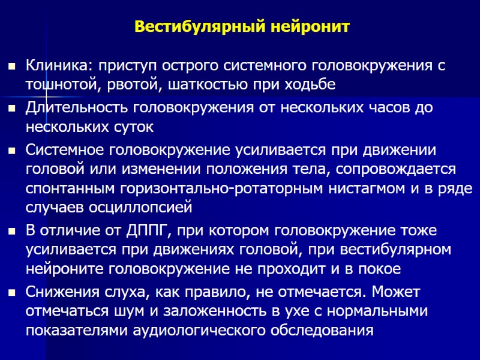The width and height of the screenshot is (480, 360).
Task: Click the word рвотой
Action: (130, 85)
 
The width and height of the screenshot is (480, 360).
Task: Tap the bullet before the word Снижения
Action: (11, 292)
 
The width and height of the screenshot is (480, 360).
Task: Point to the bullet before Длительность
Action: (11, 108)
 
